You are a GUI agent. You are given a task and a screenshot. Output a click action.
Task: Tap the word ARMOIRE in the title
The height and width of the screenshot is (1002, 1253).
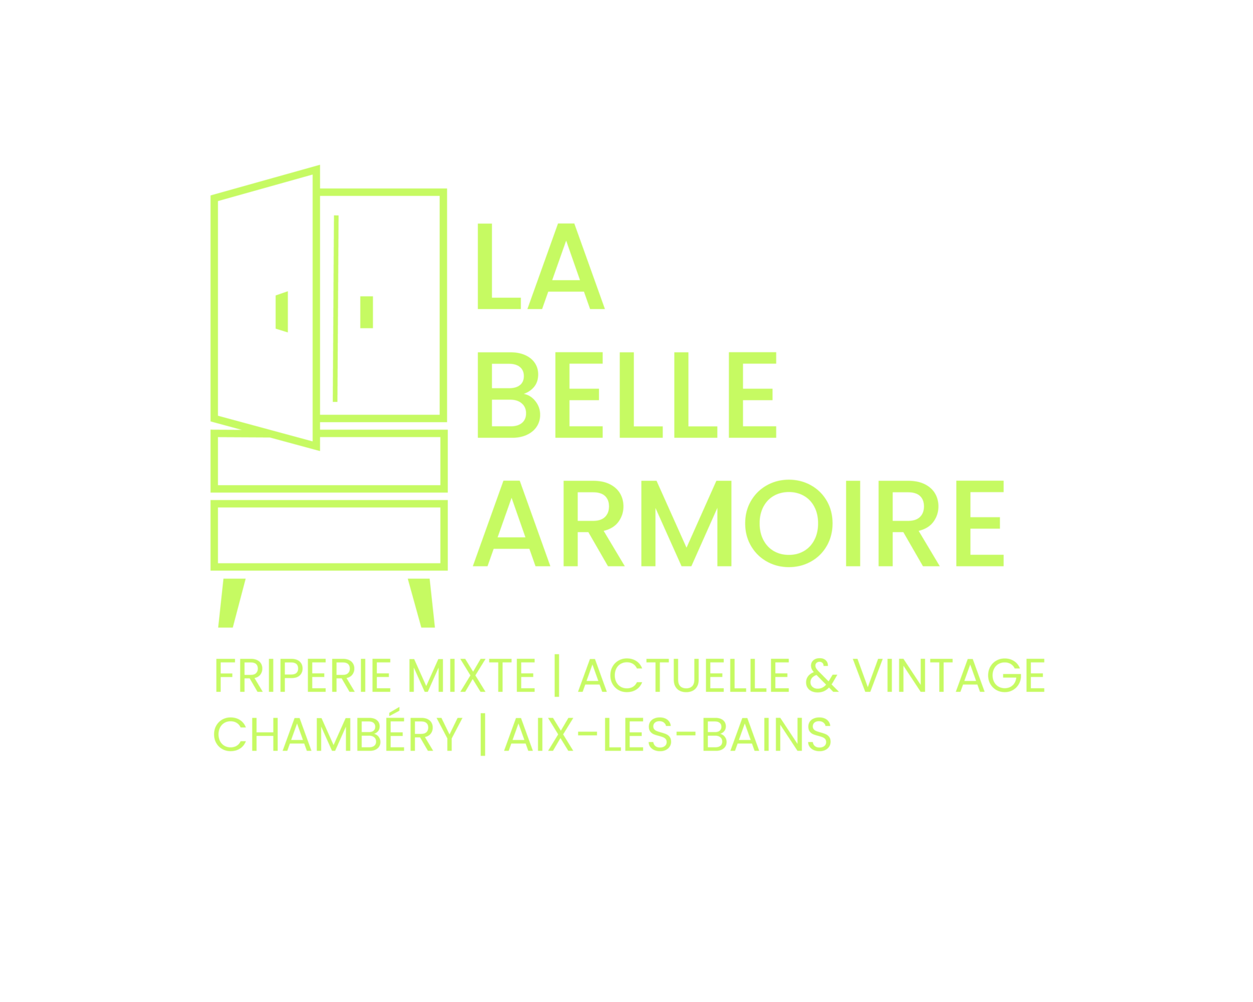point(738,524)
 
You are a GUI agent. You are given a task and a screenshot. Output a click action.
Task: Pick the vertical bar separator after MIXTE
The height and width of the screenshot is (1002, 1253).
point(556,677)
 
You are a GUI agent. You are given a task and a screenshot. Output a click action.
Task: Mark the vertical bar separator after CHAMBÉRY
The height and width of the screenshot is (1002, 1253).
point(483,736)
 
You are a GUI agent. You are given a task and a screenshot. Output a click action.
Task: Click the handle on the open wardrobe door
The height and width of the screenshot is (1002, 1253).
point(281,311)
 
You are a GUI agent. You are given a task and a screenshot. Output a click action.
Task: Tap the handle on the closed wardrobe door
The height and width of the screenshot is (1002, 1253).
point(366,311)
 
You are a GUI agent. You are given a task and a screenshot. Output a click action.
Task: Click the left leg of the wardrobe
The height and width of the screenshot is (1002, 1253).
point(231,603)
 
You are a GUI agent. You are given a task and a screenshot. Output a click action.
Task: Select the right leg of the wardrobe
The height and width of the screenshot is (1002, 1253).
point(422,603)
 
